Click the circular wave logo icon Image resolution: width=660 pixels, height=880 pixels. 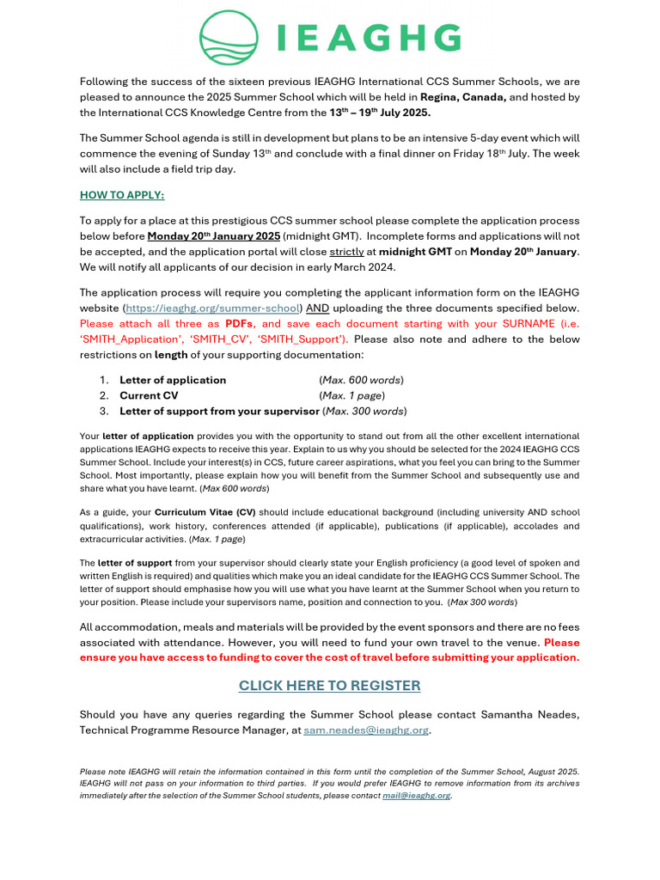pos(229,38)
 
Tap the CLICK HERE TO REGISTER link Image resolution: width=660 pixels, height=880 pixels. pos(329,685)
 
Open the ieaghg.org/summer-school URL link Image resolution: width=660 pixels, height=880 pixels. pos(213,308)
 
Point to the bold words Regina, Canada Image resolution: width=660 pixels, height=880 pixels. pos(462,97)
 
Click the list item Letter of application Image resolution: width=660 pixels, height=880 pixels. pos(173,380)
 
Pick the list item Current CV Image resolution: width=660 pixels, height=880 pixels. pos(149,395)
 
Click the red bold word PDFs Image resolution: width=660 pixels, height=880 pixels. pos(241,323)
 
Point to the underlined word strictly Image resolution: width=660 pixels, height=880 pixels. pos(346,251)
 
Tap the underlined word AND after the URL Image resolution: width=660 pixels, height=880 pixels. pos(318,308)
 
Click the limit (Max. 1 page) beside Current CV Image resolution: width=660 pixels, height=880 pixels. pos(351,395)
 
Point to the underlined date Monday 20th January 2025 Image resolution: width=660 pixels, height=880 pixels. pos(214,235)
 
